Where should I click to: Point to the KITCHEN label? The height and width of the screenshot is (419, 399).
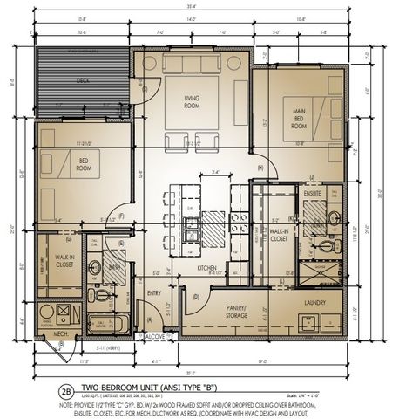[x=206, y=267]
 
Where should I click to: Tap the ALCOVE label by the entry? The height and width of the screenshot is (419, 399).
[x=155, y=334]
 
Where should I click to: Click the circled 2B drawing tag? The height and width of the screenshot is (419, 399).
[x=64, y=392]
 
